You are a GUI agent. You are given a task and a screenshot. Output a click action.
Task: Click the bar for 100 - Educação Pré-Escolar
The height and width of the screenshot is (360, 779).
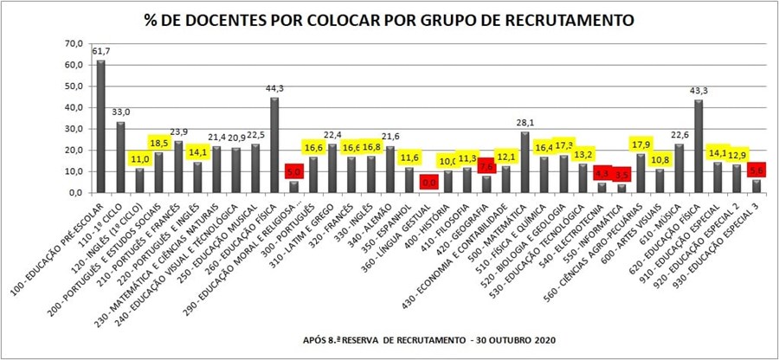point(100,126)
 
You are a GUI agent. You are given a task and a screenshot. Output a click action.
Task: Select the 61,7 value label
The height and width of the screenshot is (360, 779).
point(101,53)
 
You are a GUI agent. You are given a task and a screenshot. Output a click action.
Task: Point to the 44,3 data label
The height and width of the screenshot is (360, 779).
point(275,88)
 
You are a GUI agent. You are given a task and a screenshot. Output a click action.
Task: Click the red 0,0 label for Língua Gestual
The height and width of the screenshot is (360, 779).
point(428,183)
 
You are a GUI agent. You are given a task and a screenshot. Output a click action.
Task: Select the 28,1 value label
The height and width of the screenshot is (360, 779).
point(525,123)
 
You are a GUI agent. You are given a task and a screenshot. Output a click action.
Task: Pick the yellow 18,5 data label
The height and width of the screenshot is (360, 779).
point(160,143)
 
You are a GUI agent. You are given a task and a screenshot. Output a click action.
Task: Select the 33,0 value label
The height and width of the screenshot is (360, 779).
point(121,112)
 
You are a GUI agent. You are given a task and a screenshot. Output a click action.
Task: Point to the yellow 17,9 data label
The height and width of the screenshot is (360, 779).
point(641,144)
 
